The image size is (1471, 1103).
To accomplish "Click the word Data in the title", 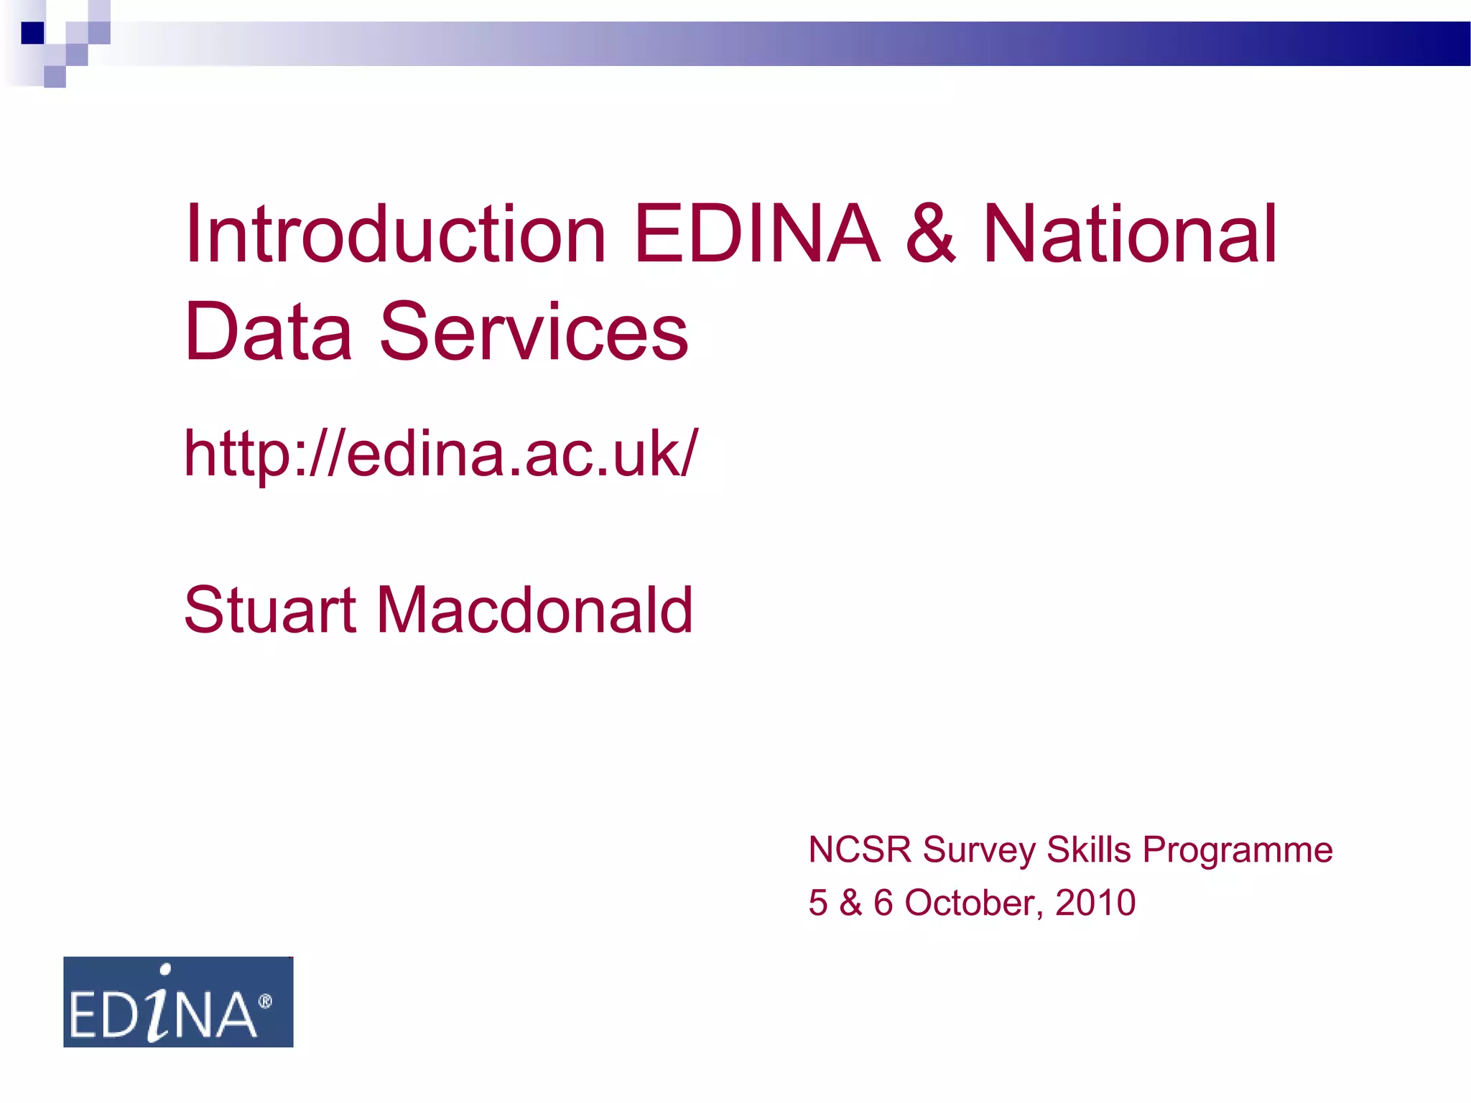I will (269, 332).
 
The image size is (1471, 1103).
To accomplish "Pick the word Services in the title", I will (534, 332).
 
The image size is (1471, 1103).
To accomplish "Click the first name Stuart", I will (270, 610).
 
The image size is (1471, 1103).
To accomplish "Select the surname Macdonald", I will (534, 610).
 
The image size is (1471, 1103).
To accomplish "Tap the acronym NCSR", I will (860, 850).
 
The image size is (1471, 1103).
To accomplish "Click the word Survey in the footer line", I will (979, 851).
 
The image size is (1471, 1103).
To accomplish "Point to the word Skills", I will (1089, 850).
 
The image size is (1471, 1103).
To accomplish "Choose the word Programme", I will (1238, 851).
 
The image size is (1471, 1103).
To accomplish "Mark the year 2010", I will (1095, 903).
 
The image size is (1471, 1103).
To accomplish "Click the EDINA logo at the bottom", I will (178, 1002).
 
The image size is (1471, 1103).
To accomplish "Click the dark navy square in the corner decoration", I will (32, 33).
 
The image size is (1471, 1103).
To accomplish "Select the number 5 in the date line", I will (818, 903).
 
